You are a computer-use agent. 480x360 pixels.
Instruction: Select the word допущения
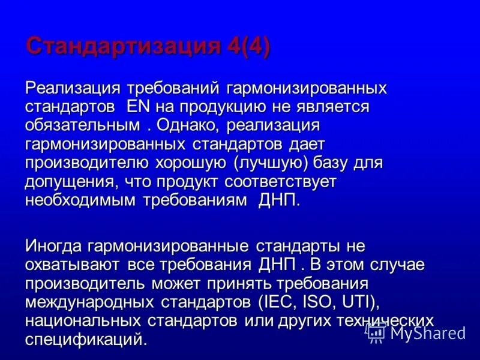pos(68,182)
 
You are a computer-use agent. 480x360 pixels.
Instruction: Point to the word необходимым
pos(80,200)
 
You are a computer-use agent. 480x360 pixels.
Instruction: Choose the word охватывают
pos(72,265)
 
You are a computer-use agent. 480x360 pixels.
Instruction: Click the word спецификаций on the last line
pos(84,339)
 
